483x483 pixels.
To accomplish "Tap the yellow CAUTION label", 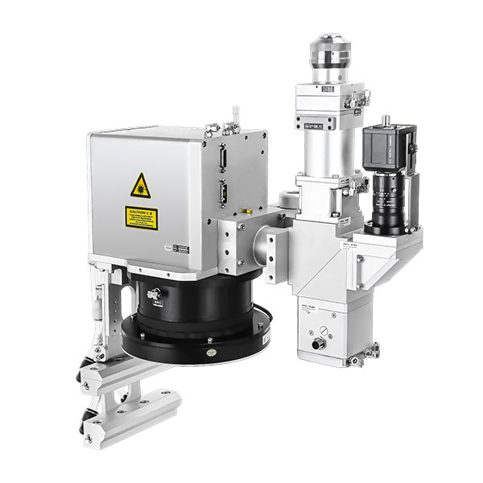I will [141, 217].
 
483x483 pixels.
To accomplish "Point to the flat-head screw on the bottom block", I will [322, 328].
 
